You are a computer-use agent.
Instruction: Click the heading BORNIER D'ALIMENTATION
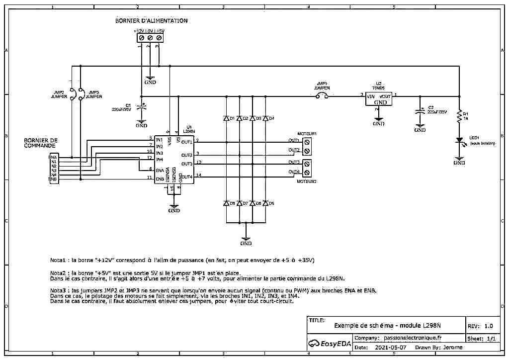pos(151,21)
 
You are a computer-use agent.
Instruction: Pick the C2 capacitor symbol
pos(420,111)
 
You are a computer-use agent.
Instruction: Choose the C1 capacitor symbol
pos(142,106)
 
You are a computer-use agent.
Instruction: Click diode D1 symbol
pos(226,118)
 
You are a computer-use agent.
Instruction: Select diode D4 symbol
pos(265,118)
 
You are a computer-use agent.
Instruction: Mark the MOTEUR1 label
pos(307,134)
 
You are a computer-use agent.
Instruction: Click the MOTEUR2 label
pos(307,182)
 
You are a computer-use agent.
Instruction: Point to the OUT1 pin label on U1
pos(187,142)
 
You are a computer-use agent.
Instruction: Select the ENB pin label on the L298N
pos(160,178)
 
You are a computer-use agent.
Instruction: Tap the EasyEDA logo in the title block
pos(327,343)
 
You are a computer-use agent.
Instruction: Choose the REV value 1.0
pos(488,326)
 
